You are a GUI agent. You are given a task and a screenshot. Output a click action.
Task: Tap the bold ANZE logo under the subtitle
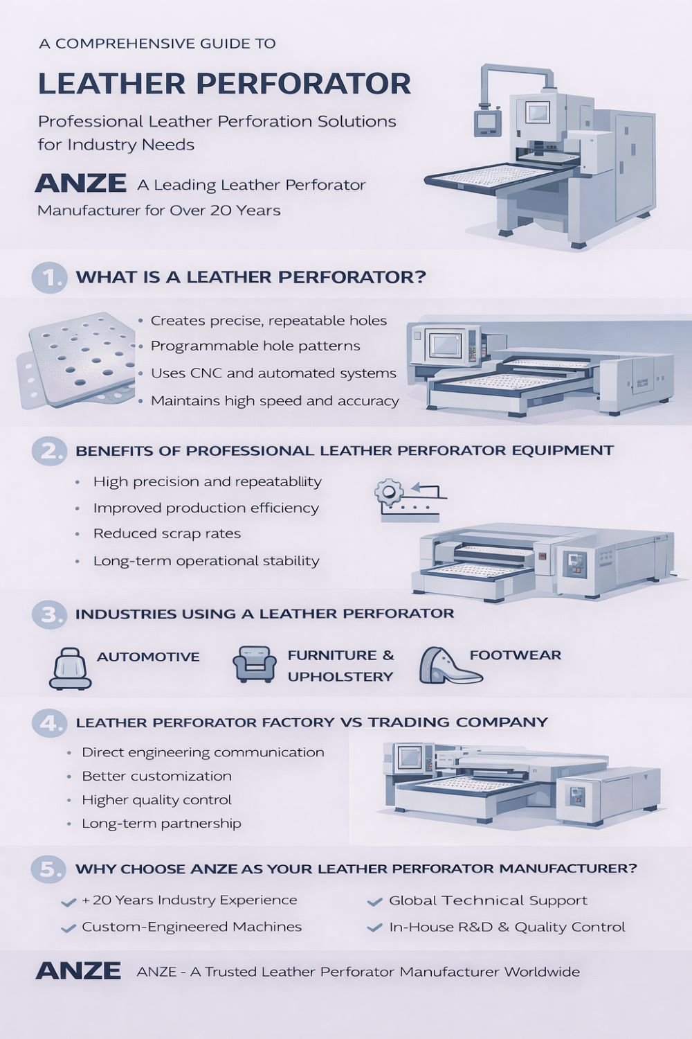click(81, 183)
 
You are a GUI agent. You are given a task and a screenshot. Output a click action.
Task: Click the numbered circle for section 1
click(48, 278)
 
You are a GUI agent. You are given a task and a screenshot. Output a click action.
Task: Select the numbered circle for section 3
click(48, 614)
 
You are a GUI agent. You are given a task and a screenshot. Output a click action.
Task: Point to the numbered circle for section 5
click(48, 869)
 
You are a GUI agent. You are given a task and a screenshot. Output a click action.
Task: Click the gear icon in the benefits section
click(388, 492)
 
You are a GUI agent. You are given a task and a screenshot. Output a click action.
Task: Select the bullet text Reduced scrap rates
click(167, 533)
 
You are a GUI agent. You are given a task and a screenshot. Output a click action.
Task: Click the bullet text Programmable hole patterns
click(255, 346)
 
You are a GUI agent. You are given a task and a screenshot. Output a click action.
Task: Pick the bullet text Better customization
click(156, 776)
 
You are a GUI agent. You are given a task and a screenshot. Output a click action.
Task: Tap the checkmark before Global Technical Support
click(374, 901)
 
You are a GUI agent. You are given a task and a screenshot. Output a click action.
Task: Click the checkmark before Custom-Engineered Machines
click(69, 928)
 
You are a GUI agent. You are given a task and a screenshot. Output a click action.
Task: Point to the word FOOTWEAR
click(516, 655)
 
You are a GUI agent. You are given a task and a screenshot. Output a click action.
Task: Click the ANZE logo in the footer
click(78, 971)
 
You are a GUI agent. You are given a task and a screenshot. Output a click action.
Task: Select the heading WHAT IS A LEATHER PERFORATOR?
click(251, 277)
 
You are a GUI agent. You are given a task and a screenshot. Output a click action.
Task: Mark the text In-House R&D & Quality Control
click(507, 927)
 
